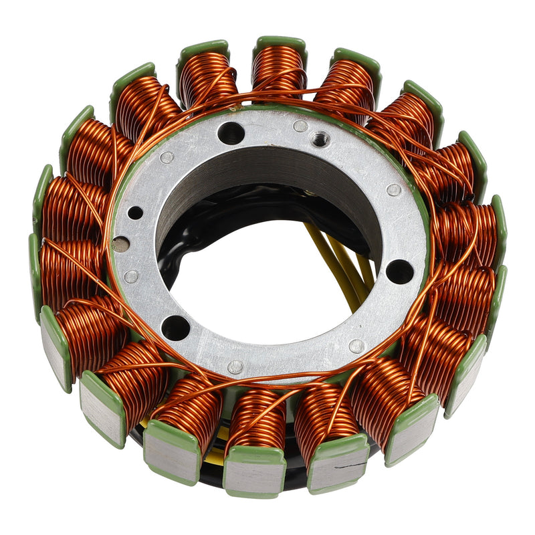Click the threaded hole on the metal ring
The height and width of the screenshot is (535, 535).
(x=320, y=139)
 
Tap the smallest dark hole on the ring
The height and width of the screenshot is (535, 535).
(x=136, y=213)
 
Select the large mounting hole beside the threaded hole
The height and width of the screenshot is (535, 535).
(x=231, y=133)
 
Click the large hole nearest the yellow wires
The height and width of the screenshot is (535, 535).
(x=400, y=271)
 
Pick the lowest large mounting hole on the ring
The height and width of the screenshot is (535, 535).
(x=175, y=327)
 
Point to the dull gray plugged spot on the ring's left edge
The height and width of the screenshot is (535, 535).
(x=120, y=245)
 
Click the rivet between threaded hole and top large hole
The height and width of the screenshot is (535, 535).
(x=300, y=125)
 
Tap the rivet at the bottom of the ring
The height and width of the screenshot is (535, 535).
(x=235, y=366)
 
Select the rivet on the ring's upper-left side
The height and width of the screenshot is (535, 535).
(x=167, y=157)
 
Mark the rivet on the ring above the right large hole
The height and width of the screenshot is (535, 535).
(x=394, y=190)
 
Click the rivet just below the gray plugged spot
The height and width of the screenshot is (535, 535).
(x=131, y=276)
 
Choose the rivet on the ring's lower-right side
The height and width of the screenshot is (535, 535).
(x=356, y=346)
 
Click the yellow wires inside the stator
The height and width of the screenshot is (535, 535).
(x=341, y=264)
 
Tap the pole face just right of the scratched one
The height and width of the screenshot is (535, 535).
(x=409, y=430)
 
